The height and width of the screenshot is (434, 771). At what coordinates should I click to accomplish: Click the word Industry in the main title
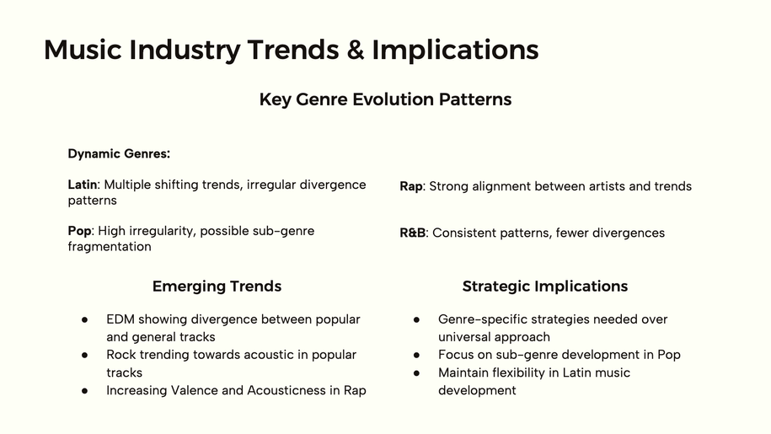185,51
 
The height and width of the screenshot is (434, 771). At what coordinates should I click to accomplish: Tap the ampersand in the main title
355,50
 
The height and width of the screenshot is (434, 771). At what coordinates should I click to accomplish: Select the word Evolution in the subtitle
393,99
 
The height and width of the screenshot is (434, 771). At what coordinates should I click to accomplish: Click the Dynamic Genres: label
119,154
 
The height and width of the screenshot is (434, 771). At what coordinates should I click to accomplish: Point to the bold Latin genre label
83,185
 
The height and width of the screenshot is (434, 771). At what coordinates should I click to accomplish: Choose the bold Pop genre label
80,232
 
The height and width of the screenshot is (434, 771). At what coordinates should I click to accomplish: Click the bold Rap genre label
411,187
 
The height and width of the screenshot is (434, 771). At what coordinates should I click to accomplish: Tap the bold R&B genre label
413,233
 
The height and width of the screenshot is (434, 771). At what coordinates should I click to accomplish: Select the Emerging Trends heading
217,287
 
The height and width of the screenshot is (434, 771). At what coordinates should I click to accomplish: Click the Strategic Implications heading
545,287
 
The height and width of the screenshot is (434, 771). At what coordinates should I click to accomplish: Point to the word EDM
120,319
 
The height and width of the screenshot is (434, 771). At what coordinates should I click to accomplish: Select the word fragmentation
110,247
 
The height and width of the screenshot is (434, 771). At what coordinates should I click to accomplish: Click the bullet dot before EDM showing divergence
85,320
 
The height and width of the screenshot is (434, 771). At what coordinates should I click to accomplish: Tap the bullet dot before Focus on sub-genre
417,356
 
